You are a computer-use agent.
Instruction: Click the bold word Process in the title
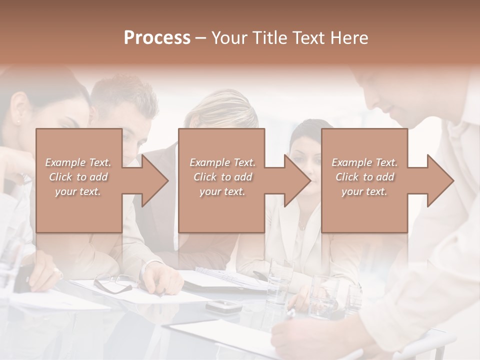(x=157, y=38)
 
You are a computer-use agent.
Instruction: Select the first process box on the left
(x=79, y=210)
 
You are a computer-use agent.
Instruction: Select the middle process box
(x=221, y=210)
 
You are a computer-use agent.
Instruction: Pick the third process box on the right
(x=364, y=210)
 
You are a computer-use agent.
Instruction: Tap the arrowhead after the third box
(x=439, y=180)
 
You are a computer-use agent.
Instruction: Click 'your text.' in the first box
(x=77, y=191)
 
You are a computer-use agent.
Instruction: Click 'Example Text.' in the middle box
(x=222, y=162)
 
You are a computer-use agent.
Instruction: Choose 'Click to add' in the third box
(x=364, y=177)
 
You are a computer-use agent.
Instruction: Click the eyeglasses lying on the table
(x=113, y=283)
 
